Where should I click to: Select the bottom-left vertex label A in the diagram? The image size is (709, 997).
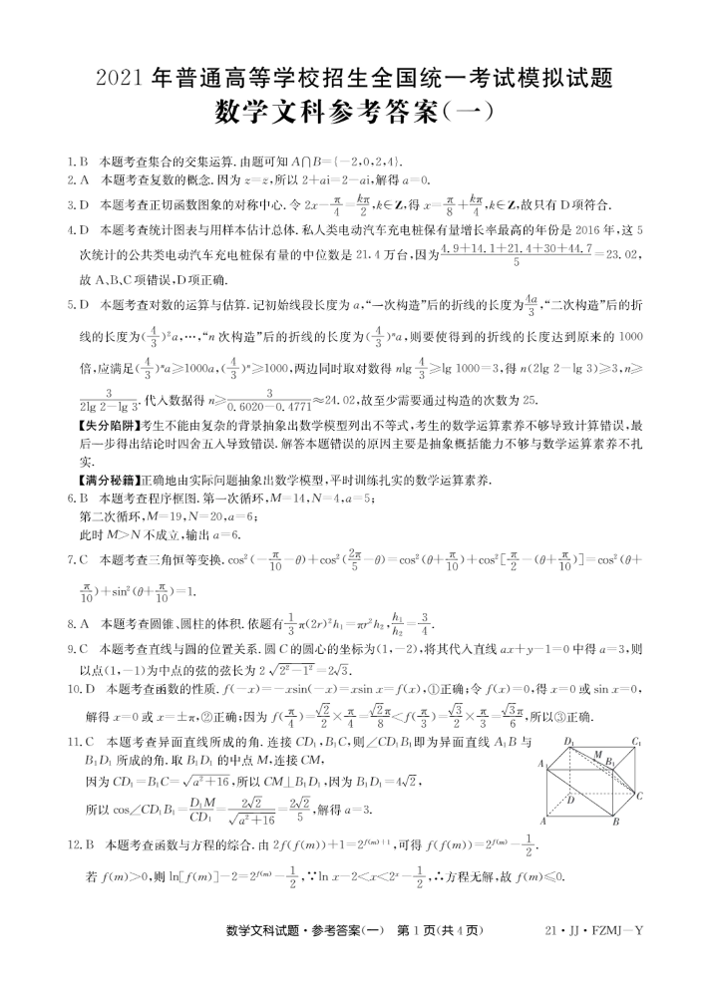[542, 822]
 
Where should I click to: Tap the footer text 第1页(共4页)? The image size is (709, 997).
[440, 930]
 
